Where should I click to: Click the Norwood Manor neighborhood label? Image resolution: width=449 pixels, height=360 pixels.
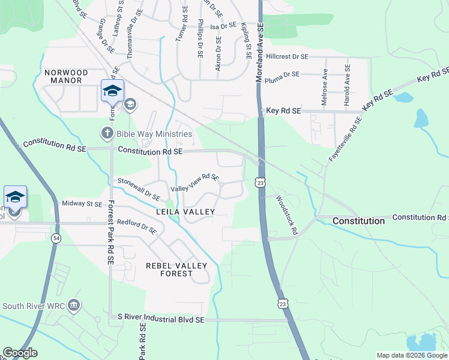click(66, 77)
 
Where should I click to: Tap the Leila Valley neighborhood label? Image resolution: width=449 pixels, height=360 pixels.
click(185, 212)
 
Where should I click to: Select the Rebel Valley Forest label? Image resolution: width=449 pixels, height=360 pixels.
click(176, 269)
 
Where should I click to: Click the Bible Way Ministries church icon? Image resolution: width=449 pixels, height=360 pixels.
click(107, 133)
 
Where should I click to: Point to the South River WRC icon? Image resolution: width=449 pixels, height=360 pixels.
click(74, 305)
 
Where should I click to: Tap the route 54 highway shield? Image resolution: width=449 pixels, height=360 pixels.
click(55, 238)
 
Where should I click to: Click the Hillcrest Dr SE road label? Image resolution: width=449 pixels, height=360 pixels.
click(287, 56)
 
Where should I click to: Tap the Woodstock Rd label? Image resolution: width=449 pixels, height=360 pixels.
click(287, 214)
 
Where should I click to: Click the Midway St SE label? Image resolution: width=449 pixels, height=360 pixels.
click(82, 204)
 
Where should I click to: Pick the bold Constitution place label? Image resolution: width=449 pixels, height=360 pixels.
click(358, 221)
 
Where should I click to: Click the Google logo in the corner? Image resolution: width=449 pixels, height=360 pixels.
click(20, 353)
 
